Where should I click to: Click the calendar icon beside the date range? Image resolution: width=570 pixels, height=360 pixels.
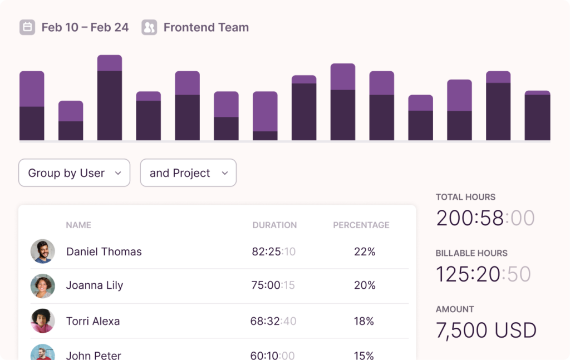pos(27,27)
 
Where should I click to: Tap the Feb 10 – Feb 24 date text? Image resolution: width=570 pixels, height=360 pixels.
pos(85,27)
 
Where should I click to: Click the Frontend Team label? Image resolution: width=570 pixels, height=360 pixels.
pos(206,27)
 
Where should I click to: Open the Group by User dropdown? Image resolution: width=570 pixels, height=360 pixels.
pos(74,173)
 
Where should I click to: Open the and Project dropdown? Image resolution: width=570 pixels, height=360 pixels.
pos(188,173)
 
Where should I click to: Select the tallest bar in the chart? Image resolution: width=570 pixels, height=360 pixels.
pos(110,98)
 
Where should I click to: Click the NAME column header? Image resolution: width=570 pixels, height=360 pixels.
pos(78,225)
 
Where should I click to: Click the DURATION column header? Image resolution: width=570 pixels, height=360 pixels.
pos(274,225)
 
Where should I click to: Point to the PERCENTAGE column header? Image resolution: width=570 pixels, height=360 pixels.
pos(361,225)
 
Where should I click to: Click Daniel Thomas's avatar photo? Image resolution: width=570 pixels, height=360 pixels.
pos(43,251)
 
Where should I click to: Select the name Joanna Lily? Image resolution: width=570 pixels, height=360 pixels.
pos(95,285)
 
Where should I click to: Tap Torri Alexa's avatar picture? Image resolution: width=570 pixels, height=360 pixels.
pos(43,321)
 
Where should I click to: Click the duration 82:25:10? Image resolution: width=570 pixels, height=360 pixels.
pos(274,251)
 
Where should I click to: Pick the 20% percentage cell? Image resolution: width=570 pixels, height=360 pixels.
pos(365,285)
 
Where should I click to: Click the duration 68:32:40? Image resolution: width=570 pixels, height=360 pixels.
pos(273,321)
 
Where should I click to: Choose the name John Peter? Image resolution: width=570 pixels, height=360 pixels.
pos(94,355)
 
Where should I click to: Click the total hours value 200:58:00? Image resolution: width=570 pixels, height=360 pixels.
pos(485,218)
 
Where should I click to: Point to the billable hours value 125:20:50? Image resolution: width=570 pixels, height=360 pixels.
pos(483,274)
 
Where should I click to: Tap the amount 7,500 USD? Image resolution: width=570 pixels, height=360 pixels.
pos(486,331)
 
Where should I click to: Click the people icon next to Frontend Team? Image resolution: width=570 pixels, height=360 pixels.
pos(149,27)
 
